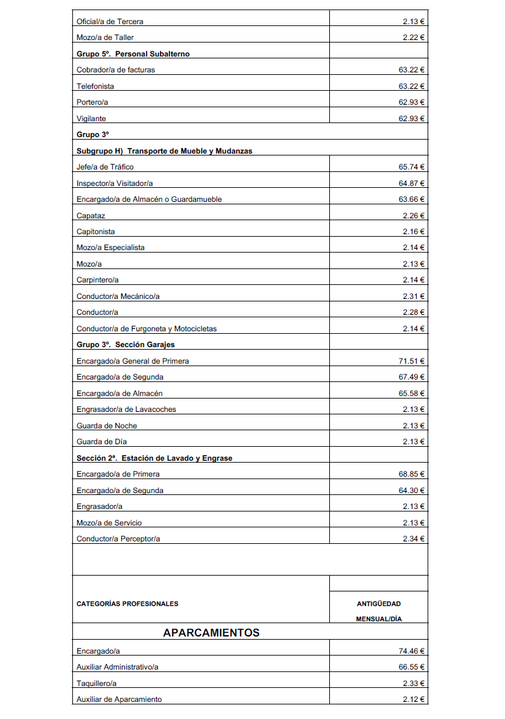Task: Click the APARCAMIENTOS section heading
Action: click(211, 633)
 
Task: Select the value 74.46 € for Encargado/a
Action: click(411, 651)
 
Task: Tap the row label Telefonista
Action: click(95, 86)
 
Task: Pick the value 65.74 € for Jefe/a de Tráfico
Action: click(411, 167)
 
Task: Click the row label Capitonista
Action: click(96, 232)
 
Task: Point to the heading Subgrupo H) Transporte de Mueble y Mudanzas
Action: click(164, 151)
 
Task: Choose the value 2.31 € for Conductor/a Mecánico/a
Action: click(414, 296)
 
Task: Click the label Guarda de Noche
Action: click(107, 426)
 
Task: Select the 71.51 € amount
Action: click(411, 361)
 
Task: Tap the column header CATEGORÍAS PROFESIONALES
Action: click(128, 604)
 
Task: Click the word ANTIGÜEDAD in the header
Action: click(379, 604)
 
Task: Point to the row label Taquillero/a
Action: click(96, 683)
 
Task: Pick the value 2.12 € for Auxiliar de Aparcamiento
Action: click(414, 699)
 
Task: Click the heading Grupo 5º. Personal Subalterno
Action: click(133, 54)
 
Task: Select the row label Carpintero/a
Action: click(98, 280)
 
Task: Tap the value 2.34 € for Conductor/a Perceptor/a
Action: click(414, 539)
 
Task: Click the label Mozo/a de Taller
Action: click(105, 37)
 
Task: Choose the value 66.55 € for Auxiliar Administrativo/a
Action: click(411, 667)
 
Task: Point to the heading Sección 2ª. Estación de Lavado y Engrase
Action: click(154, 458)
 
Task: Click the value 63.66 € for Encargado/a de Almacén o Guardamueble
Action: click(411, 199)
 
